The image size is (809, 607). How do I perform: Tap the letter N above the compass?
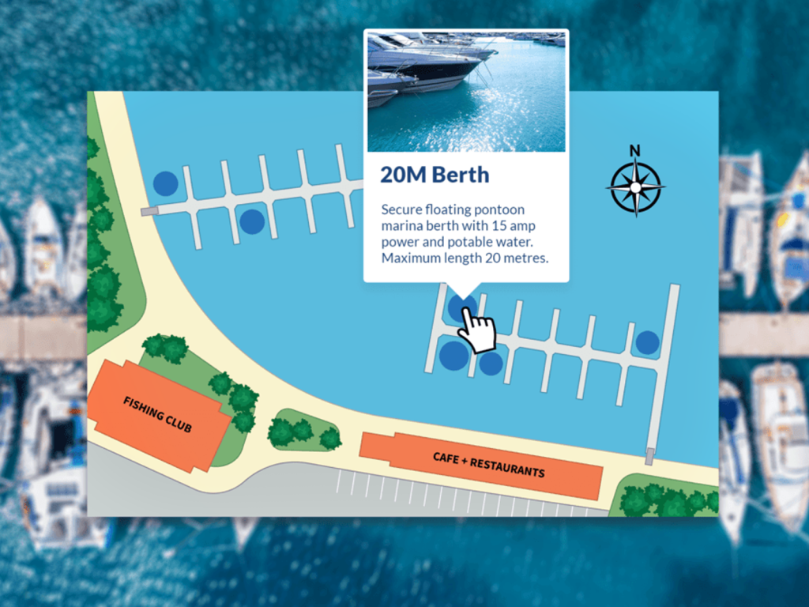[x=635, y=150]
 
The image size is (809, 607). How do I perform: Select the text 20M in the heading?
[x=400, y=175]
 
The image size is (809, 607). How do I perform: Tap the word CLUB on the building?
[x=179, y=425]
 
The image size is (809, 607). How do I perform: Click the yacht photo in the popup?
[x=466, y=91]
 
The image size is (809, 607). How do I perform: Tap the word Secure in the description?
[x=401, y=210]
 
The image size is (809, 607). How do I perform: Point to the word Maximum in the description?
[x=411, y=258]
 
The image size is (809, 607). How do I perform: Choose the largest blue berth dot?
[x=454, y=356]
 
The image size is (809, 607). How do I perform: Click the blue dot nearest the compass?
[x=647, y=342]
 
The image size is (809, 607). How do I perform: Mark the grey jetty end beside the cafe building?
[x=649, y=456]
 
